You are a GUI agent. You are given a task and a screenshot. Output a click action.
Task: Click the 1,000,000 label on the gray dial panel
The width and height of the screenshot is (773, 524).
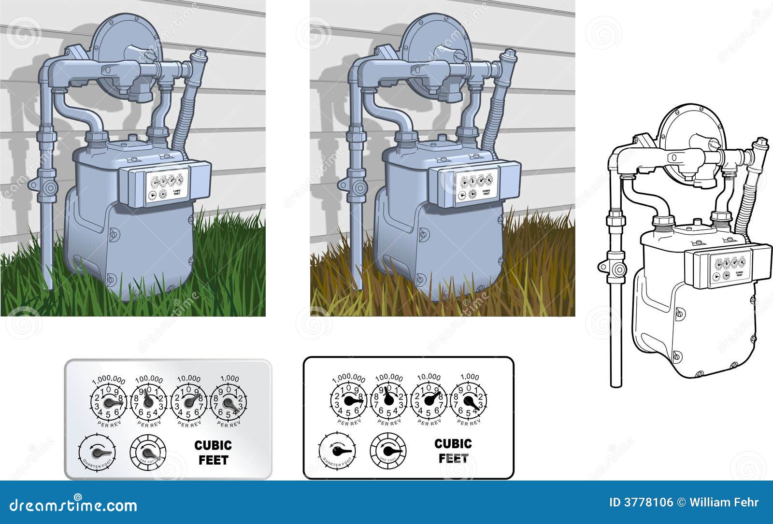pos(108,380)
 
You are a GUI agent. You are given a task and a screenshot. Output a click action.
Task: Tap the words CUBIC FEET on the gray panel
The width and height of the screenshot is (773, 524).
pos(213,453)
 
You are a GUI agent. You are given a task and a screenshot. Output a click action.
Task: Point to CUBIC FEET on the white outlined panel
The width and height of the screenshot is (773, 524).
pos(453,451)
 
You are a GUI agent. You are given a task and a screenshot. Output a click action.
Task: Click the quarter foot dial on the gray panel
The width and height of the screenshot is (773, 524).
pos(97,453)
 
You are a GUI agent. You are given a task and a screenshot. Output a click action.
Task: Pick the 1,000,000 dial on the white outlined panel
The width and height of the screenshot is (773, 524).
pos(348,401)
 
